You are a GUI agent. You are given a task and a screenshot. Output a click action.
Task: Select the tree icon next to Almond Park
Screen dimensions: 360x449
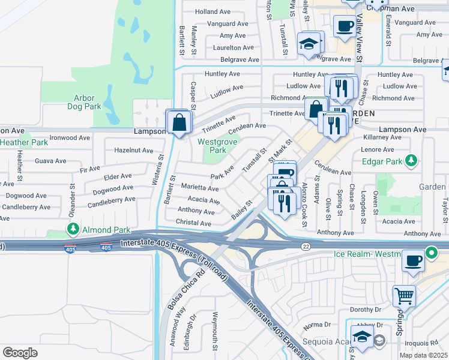tap(73, 230)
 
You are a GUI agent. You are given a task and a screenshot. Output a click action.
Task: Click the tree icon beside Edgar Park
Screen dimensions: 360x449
tap(411, 160)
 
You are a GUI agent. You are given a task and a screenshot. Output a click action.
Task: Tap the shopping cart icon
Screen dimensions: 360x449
tap(404, 296)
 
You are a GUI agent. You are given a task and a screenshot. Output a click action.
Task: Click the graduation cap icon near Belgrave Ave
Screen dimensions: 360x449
tap(309, 44)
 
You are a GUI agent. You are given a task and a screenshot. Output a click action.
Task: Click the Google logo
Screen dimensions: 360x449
tap(20, 353)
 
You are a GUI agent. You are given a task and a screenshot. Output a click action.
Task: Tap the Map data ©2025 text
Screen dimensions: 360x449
tap(423, 355)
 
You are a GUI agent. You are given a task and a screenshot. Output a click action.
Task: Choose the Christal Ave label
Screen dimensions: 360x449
tap(193, 223)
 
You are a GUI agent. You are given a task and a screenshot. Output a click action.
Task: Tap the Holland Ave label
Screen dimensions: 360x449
tap(213, 11)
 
